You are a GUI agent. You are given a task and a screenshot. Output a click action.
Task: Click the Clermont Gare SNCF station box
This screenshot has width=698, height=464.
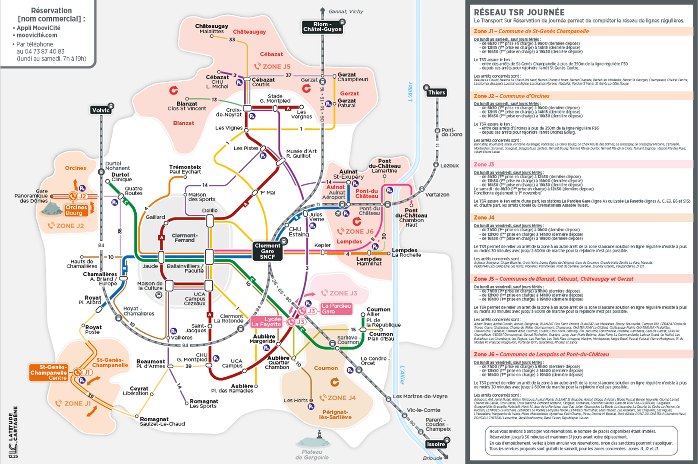[267, 251]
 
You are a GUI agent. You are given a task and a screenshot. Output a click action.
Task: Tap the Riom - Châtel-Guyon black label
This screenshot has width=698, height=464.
[322, 27]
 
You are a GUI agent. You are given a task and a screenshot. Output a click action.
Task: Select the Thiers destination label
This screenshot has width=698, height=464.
[436, 92]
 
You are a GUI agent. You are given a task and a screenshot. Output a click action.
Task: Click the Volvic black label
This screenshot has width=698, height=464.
[101, 110]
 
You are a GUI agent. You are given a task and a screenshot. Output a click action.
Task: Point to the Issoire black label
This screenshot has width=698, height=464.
[435, 444]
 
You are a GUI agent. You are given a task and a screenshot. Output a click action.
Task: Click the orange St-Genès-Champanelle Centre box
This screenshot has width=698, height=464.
[49, 372]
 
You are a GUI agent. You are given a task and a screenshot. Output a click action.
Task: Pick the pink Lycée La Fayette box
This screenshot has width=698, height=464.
[267, 322]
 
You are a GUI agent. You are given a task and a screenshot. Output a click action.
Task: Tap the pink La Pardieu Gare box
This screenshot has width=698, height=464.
[336, 309]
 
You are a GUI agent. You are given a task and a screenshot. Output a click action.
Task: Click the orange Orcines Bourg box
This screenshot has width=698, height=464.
[75, 210]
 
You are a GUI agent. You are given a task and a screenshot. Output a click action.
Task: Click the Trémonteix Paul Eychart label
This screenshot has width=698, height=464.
[185, 169]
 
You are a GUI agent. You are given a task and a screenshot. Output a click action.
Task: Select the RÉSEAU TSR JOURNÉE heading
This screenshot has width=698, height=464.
[519, 12]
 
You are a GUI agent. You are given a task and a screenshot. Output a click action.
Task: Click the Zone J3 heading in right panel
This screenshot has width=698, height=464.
[484, 164]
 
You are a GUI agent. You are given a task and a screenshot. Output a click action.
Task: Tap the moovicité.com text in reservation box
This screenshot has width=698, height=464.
[37, 35]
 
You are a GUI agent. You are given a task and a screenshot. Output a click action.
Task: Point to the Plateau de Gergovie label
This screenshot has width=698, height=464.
[311, 455]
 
